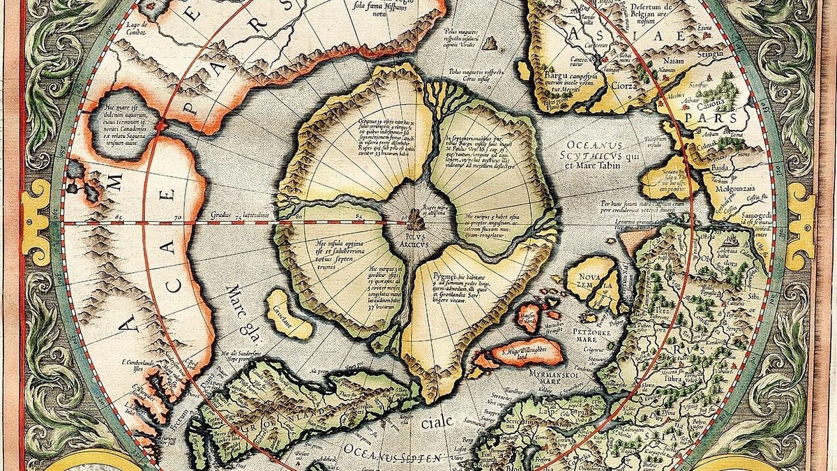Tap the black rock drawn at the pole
click(x=417, y=220)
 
